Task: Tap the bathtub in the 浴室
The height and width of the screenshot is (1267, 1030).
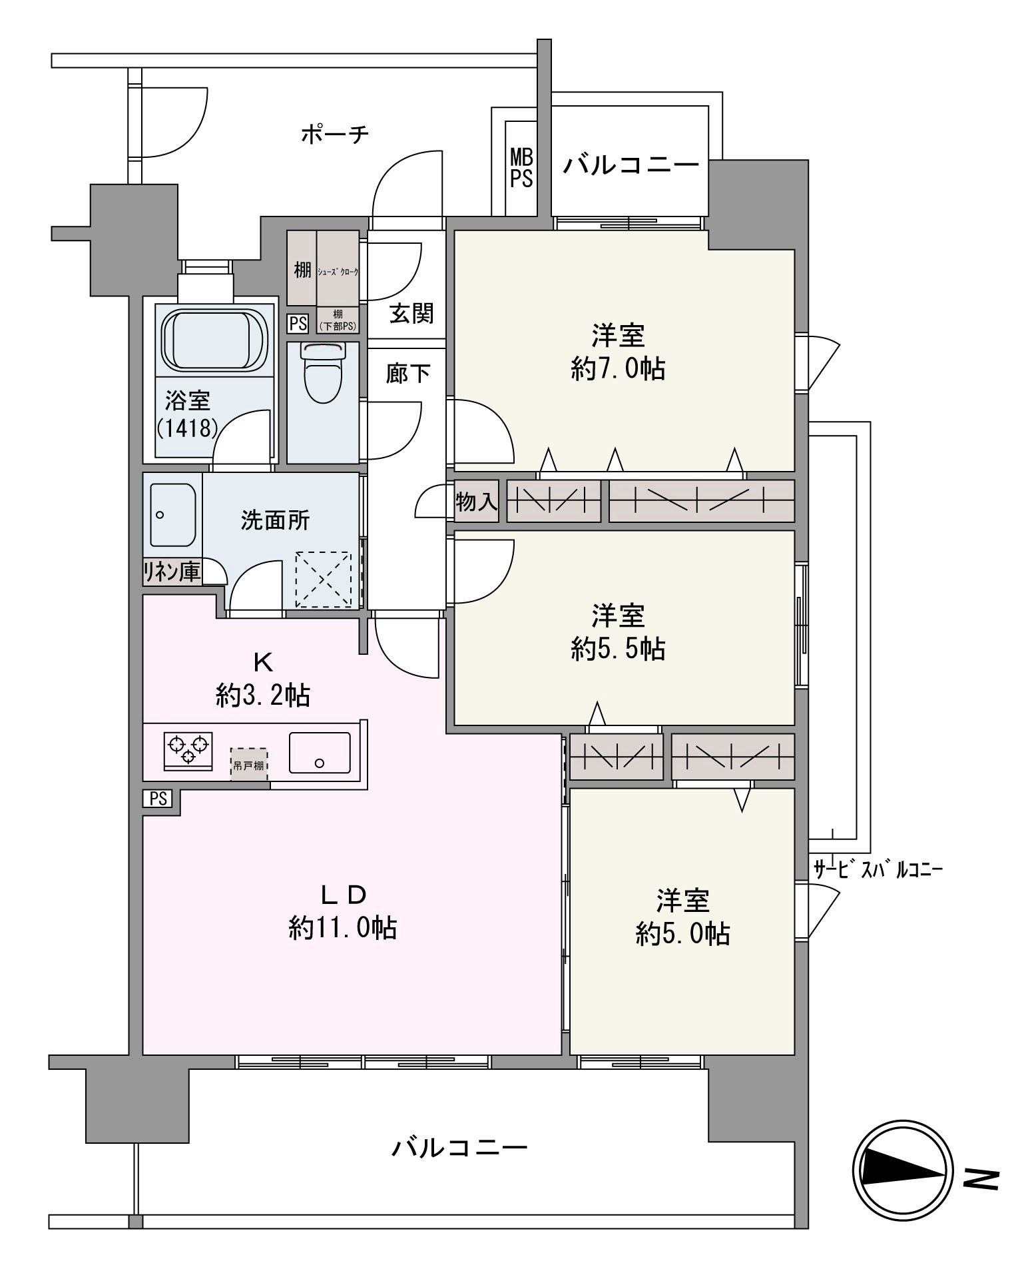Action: coord(214,340)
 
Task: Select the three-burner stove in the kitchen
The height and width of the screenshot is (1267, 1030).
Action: coord(188,751)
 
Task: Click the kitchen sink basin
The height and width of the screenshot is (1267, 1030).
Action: coord(320,753)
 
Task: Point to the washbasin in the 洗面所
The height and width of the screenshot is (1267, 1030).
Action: coord(172,515)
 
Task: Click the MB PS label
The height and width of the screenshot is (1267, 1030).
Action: coord(521,168)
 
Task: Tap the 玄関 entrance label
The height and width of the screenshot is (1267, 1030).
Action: coord(411,313)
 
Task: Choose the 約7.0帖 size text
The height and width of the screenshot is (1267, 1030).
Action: coord(618,368)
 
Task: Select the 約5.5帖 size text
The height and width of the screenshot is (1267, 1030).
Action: coord(618,648)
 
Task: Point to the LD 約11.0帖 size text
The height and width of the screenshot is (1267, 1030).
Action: coord(343,928)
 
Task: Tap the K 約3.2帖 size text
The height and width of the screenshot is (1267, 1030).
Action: coord(262,696)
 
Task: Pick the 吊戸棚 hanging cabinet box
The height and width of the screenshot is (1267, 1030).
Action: coord(249,764)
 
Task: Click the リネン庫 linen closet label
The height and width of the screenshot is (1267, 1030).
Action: coord(172,572)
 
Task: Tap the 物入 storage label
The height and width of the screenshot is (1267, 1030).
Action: coord(476,501)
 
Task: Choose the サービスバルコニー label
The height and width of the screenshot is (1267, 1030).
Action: coord(878,869)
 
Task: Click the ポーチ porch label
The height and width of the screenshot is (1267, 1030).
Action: coord(334,134)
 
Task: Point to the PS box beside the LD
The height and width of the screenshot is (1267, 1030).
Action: coord(158,799)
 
